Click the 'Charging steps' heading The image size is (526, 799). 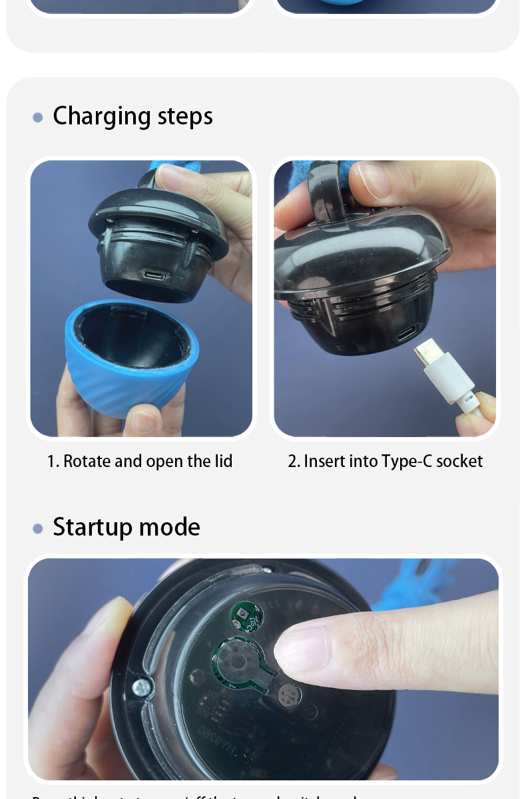(x=132, y=116)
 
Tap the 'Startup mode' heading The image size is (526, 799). (x=126, y=527)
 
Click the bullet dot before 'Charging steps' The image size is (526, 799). (x=38, y=118)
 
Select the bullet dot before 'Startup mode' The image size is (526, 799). (x=38, y=529)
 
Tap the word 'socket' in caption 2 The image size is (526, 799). (x=459, y=461)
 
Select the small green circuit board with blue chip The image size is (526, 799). (x=246, y=615)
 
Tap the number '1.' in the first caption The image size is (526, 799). (x=53, y=461)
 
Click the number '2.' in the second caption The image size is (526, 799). (x=294, y=461)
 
